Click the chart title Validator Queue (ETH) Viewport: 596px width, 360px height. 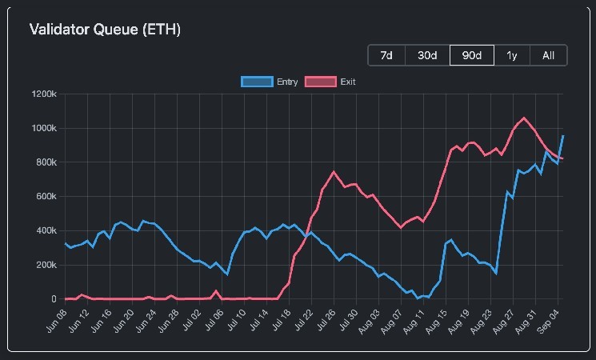(105, 30)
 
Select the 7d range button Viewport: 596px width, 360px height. (386, 55)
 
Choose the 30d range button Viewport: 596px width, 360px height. (427, 55)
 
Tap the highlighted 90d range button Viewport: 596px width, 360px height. (471, 55)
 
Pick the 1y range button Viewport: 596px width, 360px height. (511, 55)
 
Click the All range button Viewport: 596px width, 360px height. (548, 55)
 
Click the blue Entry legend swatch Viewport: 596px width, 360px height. (256, 82)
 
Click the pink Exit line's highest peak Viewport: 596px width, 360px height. (524, 118)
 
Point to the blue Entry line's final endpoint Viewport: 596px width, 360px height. (563, 136)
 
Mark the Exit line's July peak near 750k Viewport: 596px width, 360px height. (334, 172)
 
